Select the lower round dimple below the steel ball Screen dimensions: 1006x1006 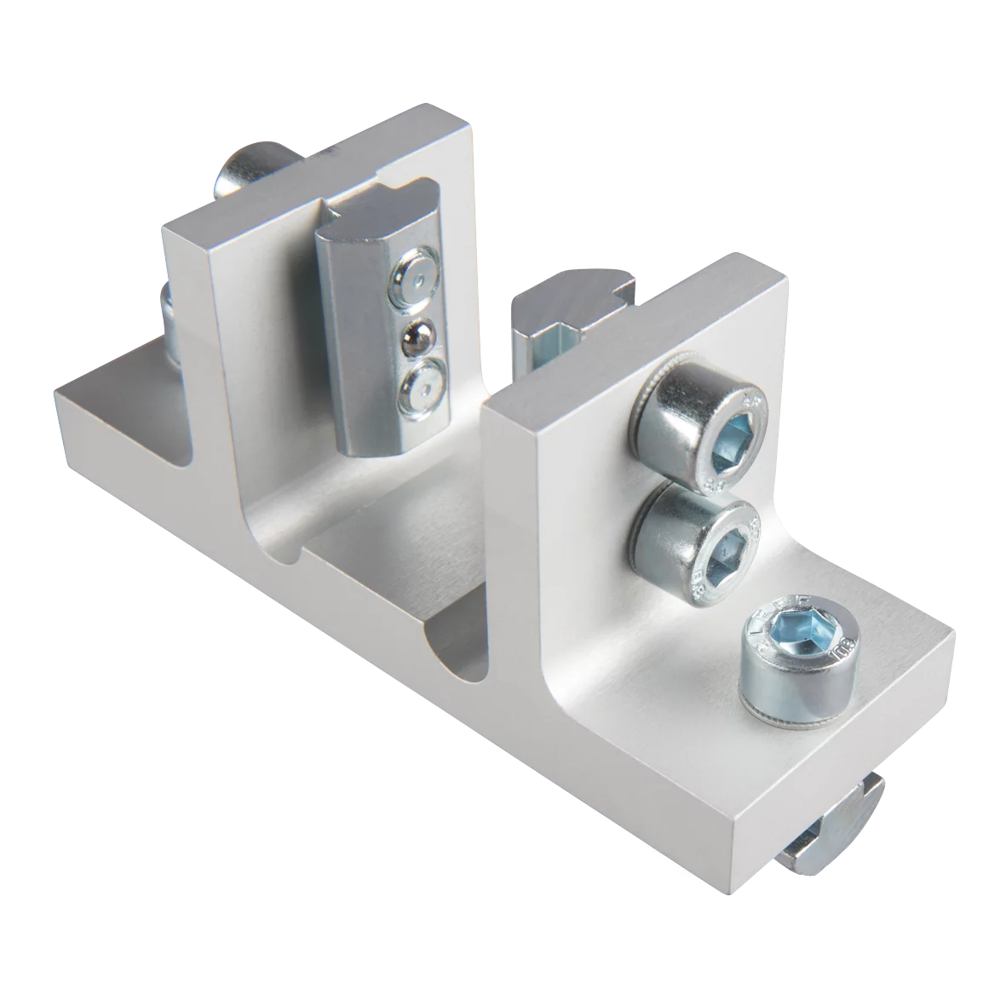click(417, 388)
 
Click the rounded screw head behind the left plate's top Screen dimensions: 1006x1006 click(247, 170)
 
